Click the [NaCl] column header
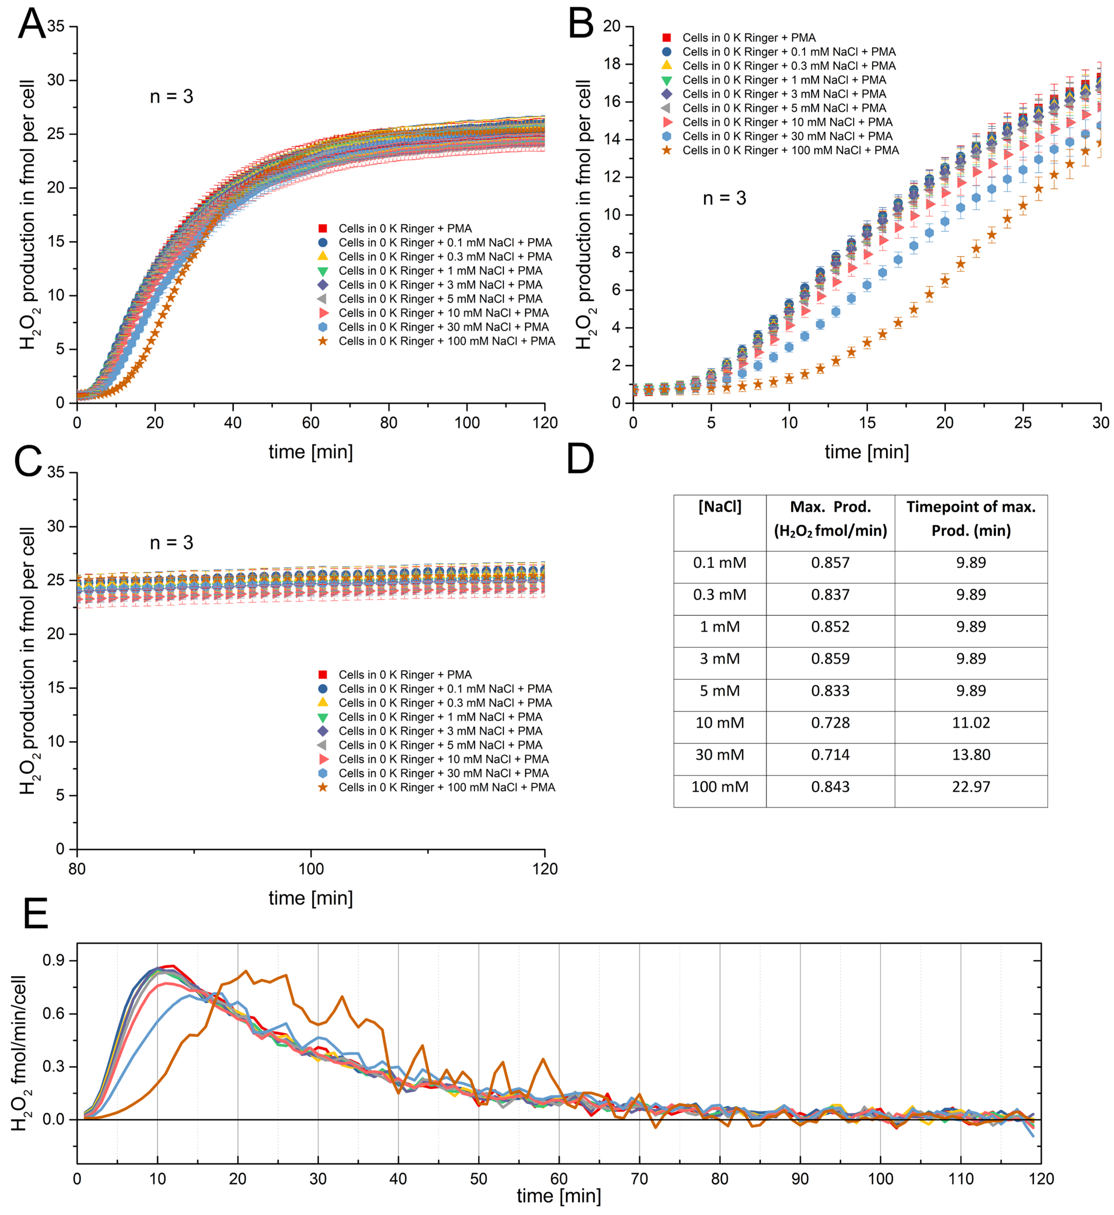tap(720, 507)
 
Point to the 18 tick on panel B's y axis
tap(612, 64)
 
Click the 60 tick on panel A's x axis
tap(310, 423)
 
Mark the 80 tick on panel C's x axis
tap(77, 869)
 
